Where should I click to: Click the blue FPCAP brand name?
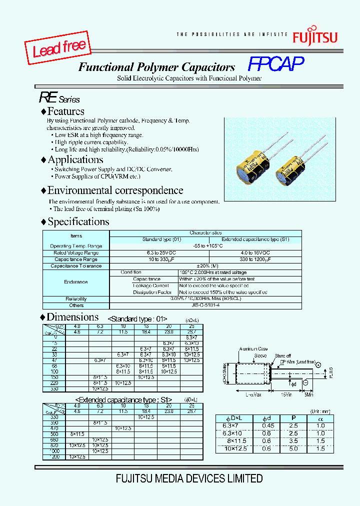[276, 64]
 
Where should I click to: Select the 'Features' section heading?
[65, 111]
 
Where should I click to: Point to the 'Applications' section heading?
[75, 160]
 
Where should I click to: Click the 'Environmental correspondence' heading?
[115, 190]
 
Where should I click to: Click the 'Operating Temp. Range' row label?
[76, 246]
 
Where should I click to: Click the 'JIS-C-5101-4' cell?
[205, 305]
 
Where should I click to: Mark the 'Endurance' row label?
[76, 282]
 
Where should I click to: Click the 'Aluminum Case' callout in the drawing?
[254, 348]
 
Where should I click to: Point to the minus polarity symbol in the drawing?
[305, 382]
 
